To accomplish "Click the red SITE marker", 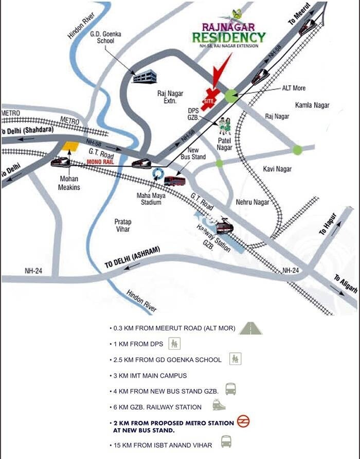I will click(x=210, y=98).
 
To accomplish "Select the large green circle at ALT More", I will click(x=231, y=95).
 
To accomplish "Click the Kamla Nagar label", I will click(x=312, y=105).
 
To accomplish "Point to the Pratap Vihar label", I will click(x=123, y=225).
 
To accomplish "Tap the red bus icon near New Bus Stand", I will click(x=175, y=181).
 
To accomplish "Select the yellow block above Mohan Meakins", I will click(x=70, y=146).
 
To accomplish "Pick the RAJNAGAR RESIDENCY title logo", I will click(x=229, y=33).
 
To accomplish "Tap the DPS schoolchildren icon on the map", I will click(x=224, y=124).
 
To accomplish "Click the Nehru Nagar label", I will click(x=253, y=202).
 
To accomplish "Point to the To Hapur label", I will click(x=328, y=224).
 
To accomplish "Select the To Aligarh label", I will click(x=345, y=284).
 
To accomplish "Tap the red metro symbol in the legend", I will click(x=243, y=422).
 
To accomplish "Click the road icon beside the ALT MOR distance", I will click(x=250, y=328).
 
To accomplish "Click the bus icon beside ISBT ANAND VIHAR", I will click(x=226, y=442).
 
